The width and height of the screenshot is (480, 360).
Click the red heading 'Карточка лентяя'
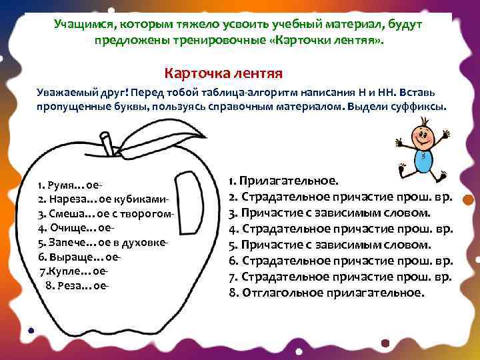tap(224, 71)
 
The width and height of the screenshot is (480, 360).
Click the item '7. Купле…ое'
tap(73, 271)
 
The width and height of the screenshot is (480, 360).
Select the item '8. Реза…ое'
tap(77, 285)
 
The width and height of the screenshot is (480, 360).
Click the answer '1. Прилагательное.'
tap(283, 181)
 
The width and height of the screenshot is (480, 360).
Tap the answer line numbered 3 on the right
tap(329, 213)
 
